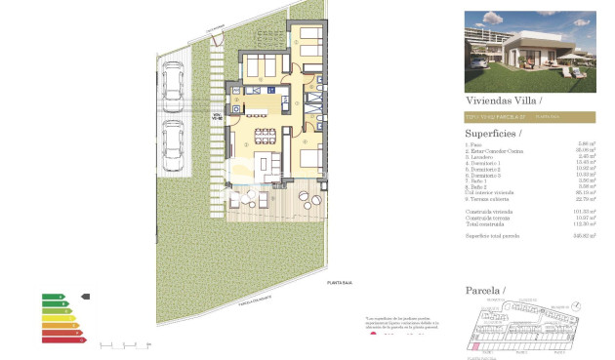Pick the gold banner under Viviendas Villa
(527, 117)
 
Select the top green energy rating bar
(52, 297)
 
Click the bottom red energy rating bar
(60, 341)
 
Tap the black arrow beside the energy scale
(84, 297)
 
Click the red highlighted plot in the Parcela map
(476, 344)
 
